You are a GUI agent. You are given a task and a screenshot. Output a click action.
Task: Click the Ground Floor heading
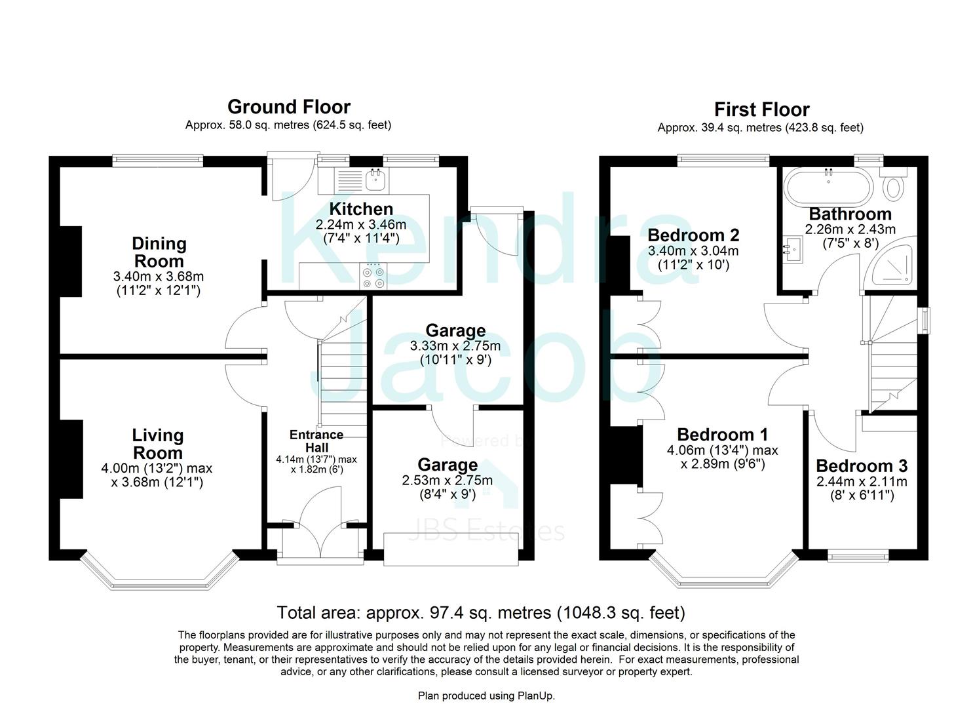point(288,107)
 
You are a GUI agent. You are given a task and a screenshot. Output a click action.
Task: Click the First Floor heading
point(761,109)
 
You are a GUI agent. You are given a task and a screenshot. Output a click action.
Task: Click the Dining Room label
point(159,252)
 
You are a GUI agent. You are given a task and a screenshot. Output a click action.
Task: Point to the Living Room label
point(157,444)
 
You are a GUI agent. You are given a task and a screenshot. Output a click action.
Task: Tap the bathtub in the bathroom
point(830,186)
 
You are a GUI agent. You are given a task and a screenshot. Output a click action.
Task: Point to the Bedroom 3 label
point(862,466)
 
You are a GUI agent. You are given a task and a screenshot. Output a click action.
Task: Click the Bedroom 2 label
point(693,235)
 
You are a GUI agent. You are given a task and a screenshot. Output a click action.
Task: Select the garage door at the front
point(451,549)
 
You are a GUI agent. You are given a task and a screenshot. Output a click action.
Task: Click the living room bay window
point(159,581)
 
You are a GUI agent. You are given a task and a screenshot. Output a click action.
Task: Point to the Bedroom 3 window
point(858,557)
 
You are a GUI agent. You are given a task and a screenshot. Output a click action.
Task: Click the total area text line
point(481,613)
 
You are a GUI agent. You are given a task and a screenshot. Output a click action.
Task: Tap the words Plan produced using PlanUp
point(486,696)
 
